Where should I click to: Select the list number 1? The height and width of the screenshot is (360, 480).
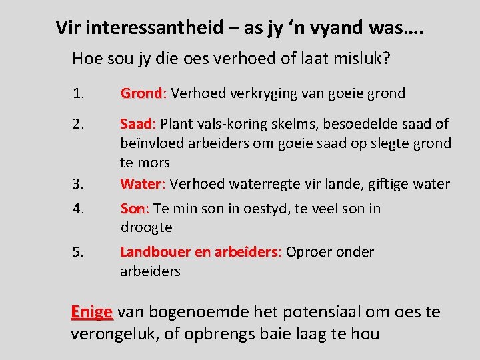[79, 93]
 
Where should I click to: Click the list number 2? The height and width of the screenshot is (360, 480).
[79, 124]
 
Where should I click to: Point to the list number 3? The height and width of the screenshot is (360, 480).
[79, 183]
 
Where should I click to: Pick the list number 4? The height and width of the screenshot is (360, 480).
[79, 209]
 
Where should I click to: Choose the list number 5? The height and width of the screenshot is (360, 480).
[79, 252]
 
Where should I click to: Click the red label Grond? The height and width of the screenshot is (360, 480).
[142, 93]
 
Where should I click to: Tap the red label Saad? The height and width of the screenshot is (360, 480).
[137, 124]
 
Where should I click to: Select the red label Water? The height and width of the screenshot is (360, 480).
[142, 183]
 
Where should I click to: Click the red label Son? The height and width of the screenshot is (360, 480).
[135, 209]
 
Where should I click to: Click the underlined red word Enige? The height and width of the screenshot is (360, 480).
[92, 312]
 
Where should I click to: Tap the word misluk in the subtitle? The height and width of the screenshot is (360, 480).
[365, 59]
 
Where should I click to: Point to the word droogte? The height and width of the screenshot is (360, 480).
[146, 227]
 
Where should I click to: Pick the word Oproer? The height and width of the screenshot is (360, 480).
[309, 252]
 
